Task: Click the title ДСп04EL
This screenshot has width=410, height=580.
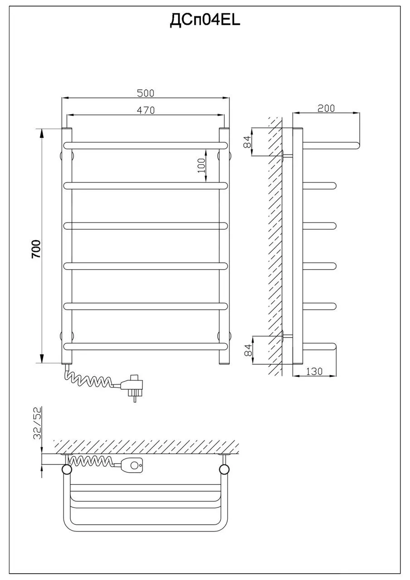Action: click(x=205, y=21)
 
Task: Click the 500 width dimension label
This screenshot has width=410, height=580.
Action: click(x=146, y=93)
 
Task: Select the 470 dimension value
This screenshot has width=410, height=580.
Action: click(x=146, y=110)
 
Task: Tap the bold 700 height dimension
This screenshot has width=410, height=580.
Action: click(x=36, y=249)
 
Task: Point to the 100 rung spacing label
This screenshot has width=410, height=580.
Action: click(x=201, y=165)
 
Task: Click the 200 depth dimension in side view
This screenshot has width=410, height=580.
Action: click(x=326, y=108)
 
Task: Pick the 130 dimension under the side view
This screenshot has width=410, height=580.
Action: click(x=314, y=372)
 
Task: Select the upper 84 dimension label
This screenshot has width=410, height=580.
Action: click(x=248, y=142)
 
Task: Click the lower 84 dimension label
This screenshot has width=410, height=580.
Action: click(x=248, y=350)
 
